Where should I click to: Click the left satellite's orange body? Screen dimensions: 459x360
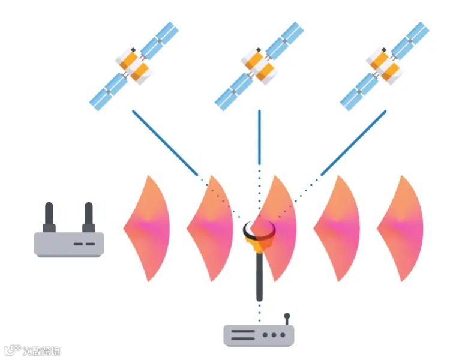(133, 65)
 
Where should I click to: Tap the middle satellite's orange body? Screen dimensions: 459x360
(259, 65)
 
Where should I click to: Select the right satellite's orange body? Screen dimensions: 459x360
(385, 65)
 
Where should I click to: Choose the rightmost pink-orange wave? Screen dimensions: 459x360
(401, 228)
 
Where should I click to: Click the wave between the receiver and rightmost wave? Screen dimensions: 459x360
(338, 228)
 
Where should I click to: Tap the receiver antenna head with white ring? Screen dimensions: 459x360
(259, 230)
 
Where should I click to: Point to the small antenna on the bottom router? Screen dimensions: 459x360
(287, 318)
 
